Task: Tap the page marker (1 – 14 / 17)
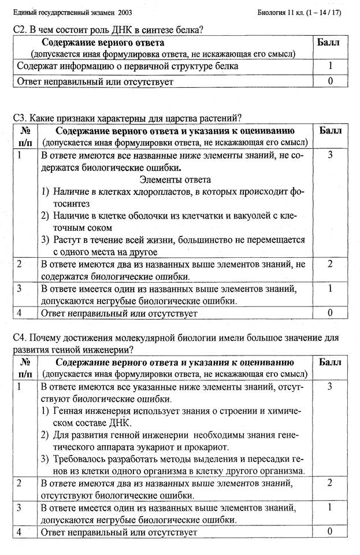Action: tap(322, 12)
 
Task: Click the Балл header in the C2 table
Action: tap(329, 42)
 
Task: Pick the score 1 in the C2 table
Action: tap(330, 66)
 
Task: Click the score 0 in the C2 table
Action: tap(330, 81)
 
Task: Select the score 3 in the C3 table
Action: tap(330, 155)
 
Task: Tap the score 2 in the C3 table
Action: tap(330, 264)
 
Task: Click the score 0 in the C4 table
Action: tap(330, 531)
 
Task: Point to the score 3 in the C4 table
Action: tap(330, 386)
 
